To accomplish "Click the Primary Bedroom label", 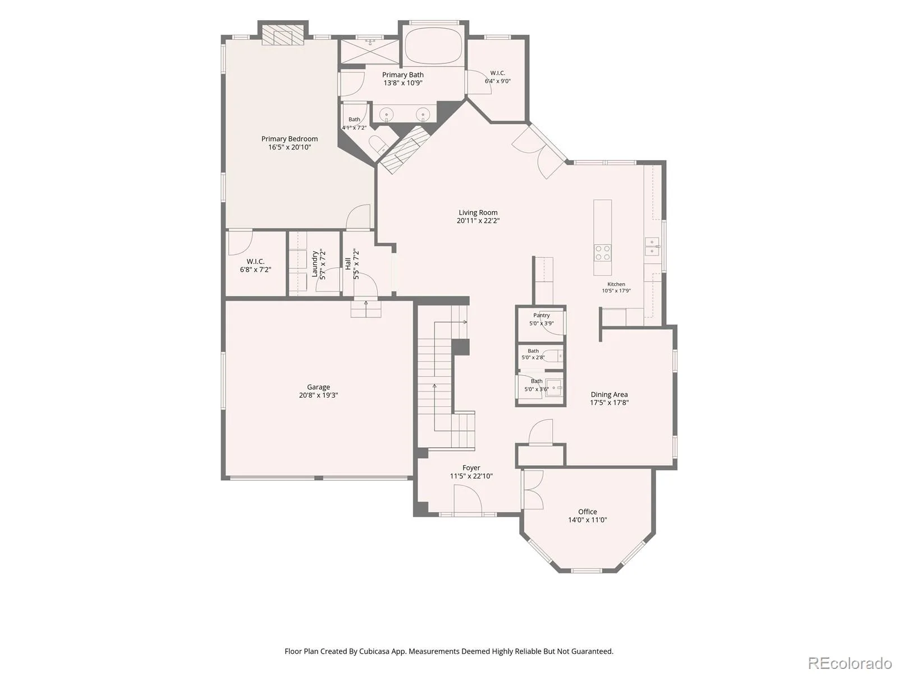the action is pos(289,139).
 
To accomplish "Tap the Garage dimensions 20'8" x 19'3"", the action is pos(318,395).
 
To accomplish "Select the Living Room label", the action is pos(478,212).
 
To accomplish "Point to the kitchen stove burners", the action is pos(602,253).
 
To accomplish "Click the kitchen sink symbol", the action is pos(652,247).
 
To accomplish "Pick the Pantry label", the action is pos(541,316).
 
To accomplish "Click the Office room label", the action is pos(588,512).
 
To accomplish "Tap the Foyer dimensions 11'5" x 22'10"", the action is pos(471,476).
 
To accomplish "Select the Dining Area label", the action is pos(609,394).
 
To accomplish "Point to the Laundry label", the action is pos(315,264).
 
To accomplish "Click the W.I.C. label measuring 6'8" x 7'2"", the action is pos(255,261).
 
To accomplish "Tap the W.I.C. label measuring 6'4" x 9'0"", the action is pos(497,73).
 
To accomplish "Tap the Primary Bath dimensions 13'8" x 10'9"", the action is pos(402,83).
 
